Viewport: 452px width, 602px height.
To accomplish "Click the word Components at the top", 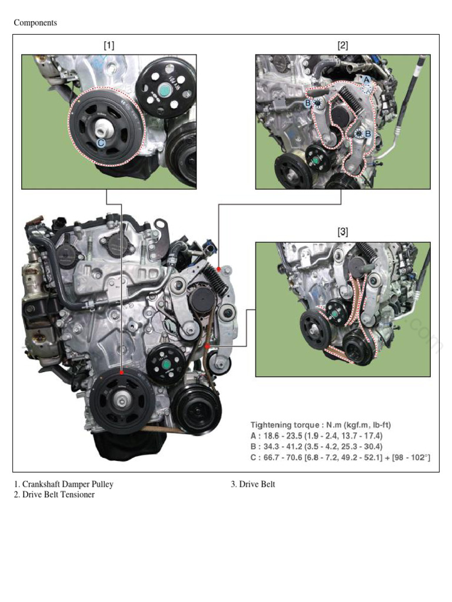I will [x=35, y=23].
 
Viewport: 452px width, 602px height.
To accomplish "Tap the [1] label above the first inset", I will [x=109, y=45].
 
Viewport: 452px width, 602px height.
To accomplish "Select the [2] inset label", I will [x=343, y=45].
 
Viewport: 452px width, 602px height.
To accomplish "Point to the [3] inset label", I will [x=343, y=232].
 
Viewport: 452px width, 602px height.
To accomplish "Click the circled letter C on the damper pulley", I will [x=101, y=142].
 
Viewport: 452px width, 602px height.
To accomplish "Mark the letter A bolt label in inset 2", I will [x=365, y=79].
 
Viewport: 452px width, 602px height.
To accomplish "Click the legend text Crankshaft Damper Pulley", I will [x=68, y=484].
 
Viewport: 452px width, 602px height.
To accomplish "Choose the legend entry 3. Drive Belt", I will [x=253, y=484].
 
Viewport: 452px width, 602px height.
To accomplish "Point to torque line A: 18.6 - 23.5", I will [x=317, y=436].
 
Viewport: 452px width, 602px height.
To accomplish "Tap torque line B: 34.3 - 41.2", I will [x=317, y=446].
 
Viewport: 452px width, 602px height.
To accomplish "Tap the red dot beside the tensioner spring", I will [x=218, y=269].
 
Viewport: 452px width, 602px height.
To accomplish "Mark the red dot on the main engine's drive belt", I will [x=207, y=347].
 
